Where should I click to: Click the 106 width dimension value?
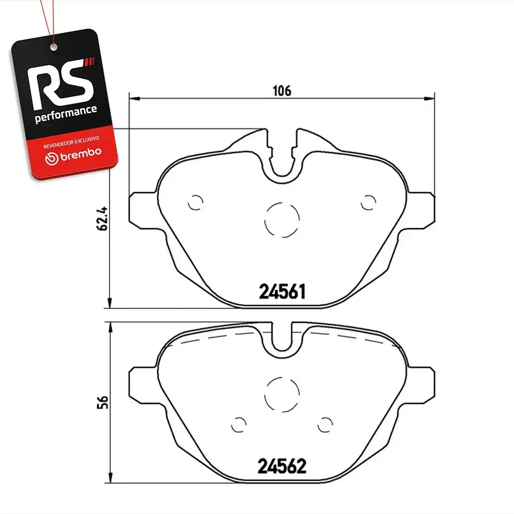282,91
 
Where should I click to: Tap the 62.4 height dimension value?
102,218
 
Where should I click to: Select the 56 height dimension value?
102,402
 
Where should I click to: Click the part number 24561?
282,291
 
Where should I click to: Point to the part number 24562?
282,466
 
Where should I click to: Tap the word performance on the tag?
66,114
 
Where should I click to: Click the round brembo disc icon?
51,159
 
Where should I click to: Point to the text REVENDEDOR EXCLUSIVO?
71,142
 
